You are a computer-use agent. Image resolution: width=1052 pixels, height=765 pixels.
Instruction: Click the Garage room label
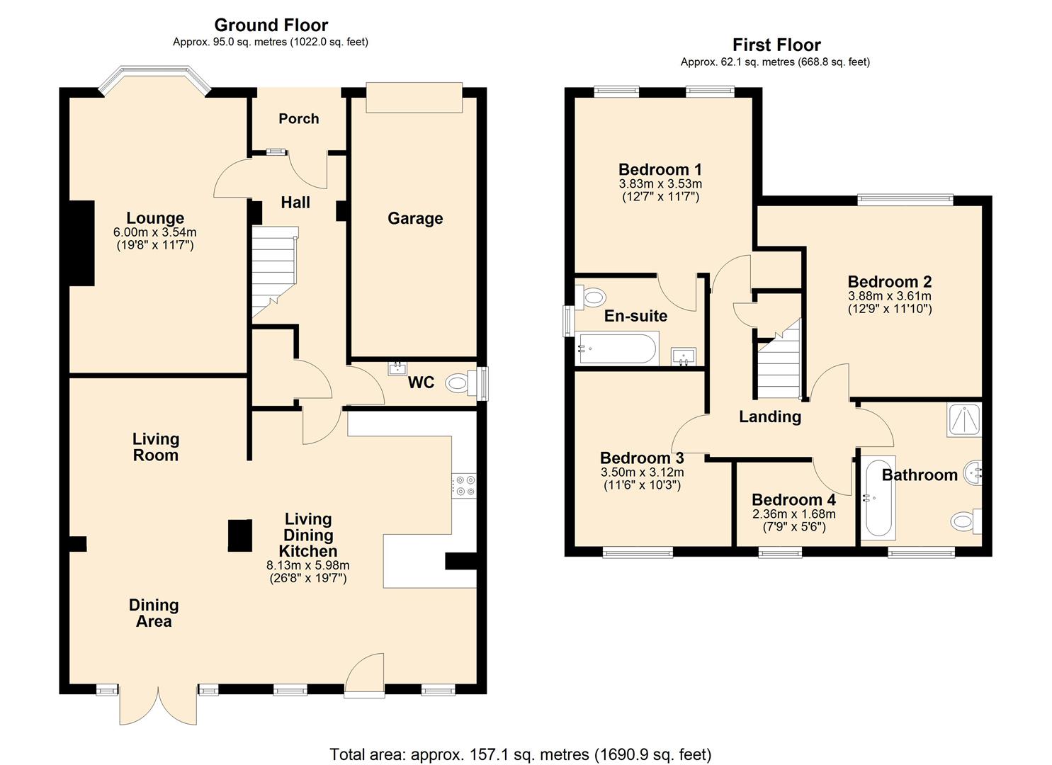point(415,218)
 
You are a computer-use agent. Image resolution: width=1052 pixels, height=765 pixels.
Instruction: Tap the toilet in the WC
point(459,385)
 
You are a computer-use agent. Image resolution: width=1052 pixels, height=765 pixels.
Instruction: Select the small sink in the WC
point(398,368)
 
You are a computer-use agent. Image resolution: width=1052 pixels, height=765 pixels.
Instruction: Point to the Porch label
point(298,118)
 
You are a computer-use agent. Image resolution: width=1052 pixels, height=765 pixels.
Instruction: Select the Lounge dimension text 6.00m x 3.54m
point(154,232)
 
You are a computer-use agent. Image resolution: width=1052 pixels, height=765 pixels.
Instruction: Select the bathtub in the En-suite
point(616,348)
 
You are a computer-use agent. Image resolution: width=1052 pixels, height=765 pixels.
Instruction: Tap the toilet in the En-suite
point(594,295)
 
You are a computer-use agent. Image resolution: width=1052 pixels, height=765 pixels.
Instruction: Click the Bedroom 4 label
point(793,500)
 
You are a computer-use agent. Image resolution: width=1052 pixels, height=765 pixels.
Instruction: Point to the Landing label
point(769,416)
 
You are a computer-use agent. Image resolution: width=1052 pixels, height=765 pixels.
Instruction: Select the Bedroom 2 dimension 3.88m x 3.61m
point(889,296)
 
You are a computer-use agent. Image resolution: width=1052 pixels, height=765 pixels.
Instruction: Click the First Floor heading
point(776,45)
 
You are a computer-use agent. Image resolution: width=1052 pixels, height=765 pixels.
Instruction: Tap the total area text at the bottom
point(520,754)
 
